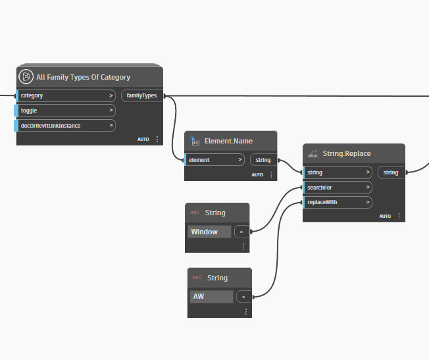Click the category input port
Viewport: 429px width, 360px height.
click(65, 96)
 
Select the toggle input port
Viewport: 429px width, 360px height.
click(65, 111)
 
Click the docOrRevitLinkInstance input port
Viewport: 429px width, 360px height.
click(65, 126)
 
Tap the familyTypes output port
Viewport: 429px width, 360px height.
click(142, 96)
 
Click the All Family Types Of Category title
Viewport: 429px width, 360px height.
click(83, 77)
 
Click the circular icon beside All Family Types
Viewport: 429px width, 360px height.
click(26, 76)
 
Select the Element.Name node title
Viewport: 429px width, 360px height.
click(228, 141)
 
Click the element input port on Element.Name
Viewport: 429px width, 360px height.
click(214, 160)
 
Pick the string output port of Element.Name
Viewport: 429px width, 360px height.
click(263, 160)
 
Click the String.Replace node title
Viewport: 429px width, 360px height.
click(347, 153)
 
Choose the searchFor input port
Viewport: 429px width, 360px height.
click(338, 188)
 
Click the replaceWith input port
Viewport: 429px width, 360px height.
click(338, 202)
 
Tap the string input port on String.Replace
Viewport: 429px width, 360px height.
click(338, 172)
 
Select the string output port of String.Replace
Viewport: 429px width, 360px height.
click(391, 172)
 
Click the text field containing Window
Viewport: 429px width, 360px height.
click(210, 232)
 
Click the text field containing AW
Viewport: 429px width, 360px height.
click(211, 296)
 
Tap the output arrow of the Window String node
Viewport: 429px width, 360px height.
click(242, 232)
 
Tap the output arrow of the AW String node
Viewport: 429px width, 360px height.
click(244, 297)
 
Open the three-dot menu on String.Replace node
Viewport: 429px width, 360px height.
click(399, 217)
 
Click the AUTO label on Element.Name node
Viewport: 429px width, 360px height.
click(257, 175)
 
